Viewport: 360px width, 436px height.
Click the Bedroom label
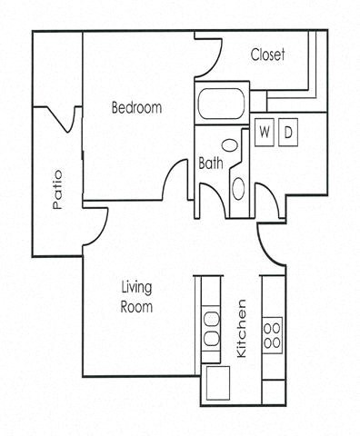tap(136, 108)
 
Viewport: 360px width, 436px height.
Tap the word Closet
tap(268, 54)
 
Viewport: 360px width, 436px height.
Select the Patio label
tap(57, 190)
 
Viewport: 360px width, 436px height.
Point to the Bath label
tap(211, 164)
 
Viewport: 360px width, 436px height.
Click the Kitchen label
tap(242, 328)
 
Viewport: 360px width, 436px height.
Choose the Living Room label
tap(137, 298)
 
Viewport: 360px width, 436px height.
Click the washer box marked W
tap(265, 132)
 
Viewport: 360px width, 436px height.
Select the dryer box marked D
tap(287, 132)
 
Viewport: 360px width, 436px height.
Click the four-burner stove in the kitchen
tap(272, 333)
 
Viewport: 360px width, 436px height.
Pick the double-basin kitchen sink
tap(211, 329)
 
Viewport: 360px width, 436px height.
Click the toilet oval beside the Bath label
tap(230, 144)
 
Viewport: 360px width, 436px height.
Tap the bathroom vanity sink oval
tap(238, 189)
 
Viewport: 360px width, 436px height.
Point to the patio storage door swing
tap(63, 120)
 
